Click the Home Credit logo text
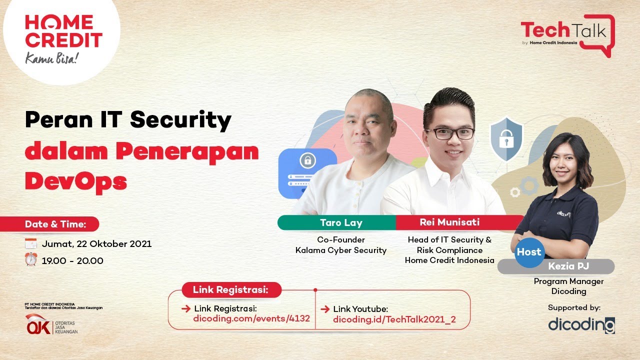coord(63,31)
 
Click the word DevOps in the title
coord(75,181)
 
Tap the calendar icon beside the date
coord(31,244)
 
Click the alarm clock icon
coord(31,260)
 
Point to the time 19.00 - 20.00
coord(72,260)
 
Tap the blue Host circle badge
coord(529,252)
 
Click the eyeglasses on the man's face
coord(449,133)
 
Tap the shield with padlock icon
coord(505,139)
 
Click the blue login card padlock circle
coord(306,161)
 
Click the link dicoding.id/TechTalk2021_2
coord(394,319)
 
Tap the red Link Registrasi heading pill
coord(231,289)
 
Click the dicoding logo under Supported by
coord(581,324)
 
